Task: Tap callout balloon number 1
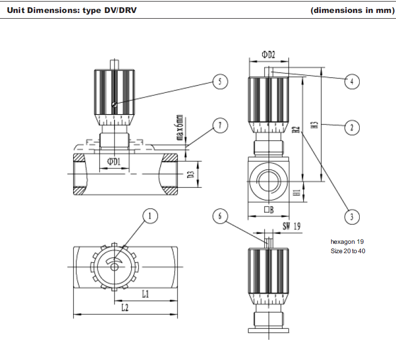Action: pos(150,216)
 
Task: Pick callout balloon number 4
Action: pos(352,81)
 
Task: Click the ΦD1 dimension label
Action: pos(114,162)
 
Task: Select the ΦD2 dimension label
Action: pos(268,54)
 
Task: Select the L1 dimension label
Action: pos(146,294)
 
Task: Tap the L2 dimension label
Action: pos(125,308)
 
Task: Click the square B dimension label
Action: pos(268,210)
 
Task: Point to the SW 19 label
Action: pos(292,226)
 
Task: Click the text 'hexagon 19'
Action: pos(347,241)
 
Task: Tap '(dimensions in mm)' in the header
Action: pos(352,10)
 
